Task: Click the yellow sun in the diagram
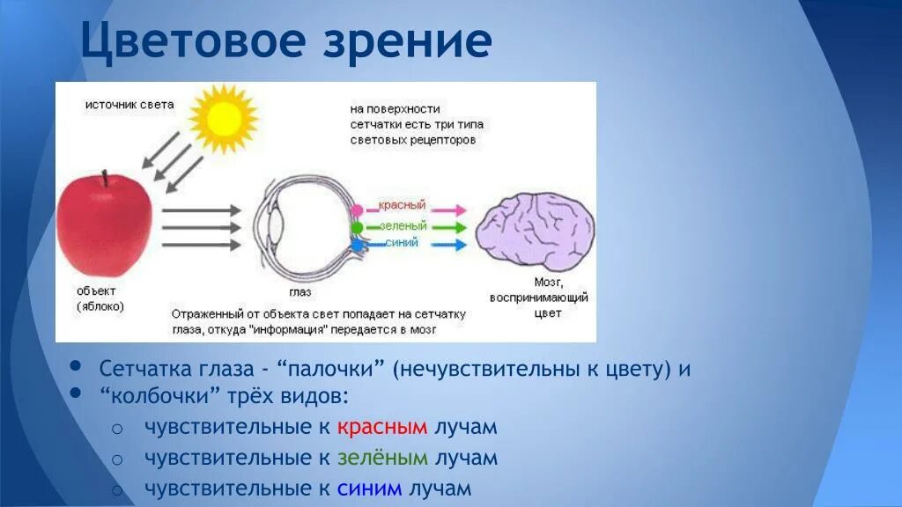pos(223,119)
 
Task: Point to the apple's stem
pos(105,178)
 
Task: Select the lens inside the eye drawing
pos(275,226)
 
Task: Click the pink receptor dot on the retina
pos(357,210)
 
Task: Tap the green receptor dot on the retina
pos(357,228)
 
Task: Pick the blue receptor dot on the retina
pos(357,245)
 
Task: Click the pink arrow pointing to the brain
pos(448,209)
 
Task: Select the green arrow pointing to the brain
pos(448,228)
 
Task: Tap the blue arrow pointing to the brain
pos(448,245)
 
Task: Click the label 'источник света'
pos(129,105)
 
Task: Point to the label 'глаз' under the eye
pos(300,292)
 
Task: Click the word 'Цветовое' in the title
pos(193,40)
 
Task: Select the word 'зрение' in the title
pos(407,41)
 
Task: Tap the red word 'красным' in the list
pos(382,427)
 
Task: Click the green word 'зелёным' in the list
pos(382,458)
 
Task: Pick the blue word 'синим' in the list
pos(369,489)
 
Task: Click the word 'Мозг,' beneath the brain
pos(548,283)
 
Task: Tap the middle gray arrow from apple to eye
pos(202,228)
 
